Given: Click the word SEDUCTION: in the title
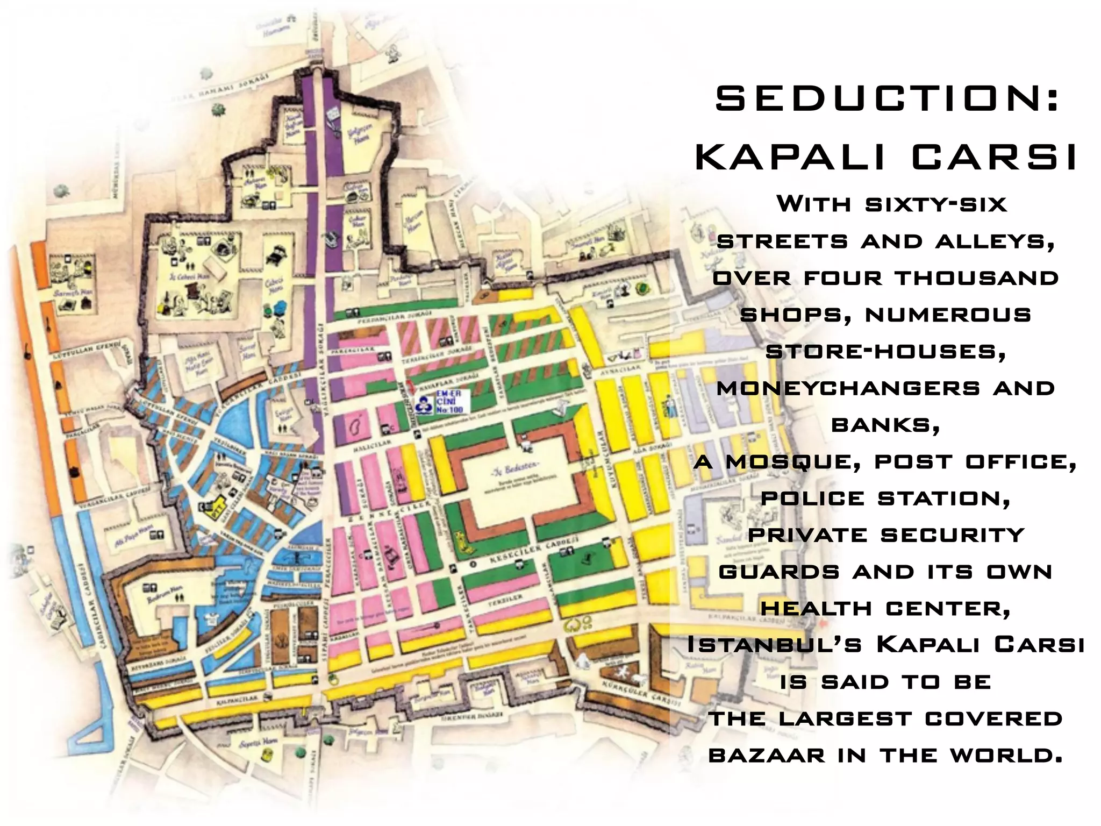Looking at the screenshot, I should tap(887, 99).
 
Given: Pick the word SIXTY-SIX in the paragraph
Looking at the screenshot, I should tap(936, 205).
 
